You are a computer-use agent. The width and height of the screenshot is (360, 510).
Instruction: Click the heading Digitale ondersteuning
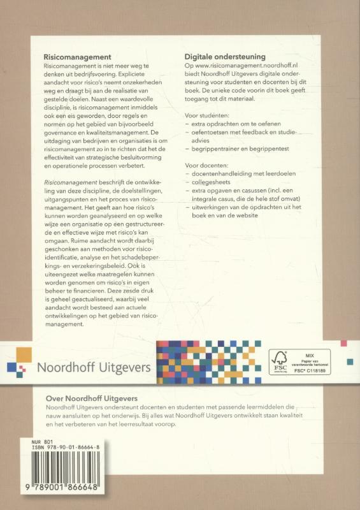pyautogui.click(x=225, y=57)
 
